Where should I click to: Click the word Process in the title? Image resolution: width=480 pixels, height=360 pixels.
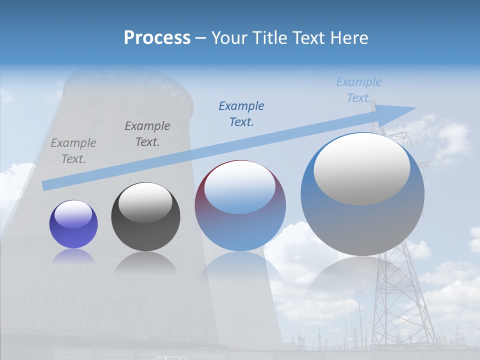tap(157, 38)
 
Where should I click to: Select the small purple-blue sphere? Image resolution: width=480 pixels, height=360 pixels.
tap(73, 224)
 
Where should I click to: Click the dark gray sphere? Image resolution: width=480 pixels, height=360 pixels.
tap(145, 217)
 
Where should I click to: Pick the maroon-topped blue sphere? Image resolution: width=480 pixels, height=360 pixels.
tap(240, 206)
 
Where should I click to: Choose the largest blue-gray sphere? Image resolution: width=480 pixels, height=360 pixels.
tap(362, 194)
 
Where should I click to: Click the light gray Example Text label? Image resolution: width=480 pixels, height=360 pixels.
tap(73, 151)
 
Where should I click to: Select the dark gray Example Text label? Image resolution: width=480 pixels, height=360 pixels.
tap(147, 134)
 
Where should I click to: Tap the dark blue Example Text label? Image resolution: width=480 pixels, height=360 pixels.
tap(241, 114)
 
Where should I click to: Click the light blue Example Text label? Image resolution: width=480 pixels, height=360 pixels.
tap(359, 90)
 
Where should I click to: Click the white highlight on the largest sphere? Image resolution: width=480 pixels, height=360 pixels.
tap(361, 169)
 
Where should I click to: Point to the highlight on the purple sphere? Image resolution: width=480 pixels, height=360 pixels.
tap(73, 214)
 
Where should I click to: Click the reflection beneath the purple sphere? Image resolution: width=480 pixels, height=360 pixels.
tap(73, 256)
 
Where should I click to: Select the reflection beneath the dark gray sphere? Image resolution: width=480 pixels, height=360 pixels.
tap(145, 262)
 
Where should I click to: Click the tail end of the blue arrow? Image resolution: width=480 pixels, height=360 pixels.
tap(46, 185)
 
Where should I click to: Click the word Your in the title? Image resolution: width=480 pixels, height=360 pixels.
tap(229, 38)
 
